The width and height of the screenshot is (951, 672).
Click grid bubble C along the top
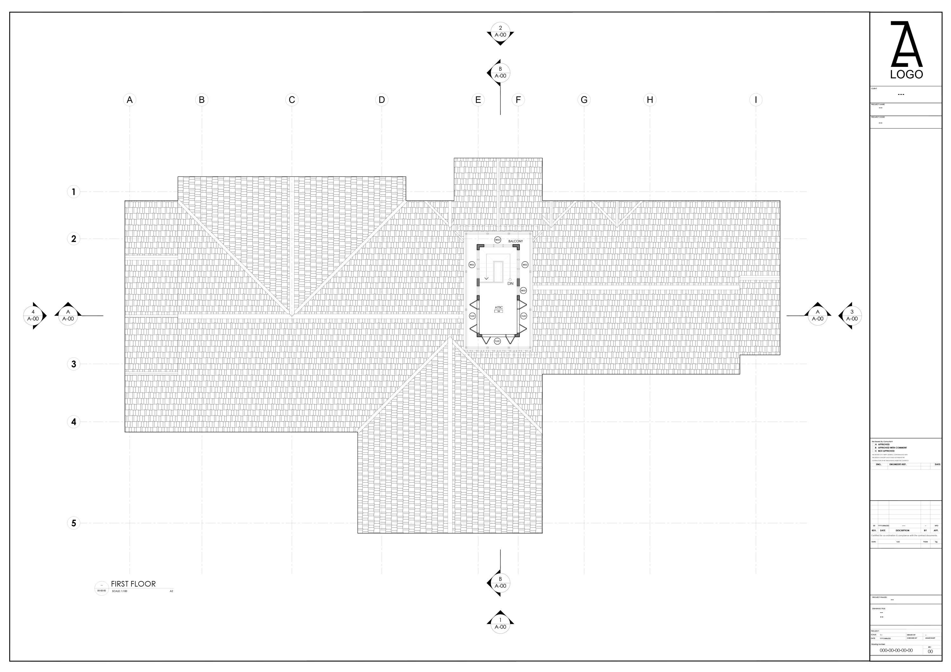[x=292, y=100]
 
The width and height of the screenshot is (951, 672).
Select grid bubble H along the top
[x=650, y=100]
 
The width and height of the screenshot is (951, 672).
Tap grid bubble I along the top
[x=755, y=100]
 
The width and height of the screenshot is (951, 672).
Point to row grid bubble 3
[x=74, y=364]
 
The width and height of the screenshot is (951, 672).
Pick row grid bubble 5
[x=74, y=523]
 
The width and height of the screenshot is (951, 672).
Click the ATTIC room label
[x=499, y=308]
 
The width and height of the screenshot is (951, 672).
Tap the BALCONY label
[x=515, y=241]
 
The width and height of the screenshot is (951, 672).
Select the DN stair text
[x=510, y=284]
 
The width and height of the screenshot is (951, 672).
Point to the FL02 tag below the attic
[x=497, y=341]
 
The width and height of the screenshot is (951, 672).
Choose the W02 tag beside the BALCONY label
[x=497, y=240]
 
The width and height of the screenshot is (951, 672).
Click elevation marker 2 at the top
[x=500, y=31]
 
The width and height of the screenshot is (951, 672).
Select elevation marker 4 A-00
[x=33, y=316]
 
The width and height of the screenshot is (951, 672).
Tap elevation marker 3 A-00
[x=851, y=316]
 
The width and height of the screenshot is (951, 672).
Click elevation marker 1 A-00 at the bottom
[x=500, y=623]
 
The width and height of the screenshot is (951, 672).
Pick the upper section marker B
[x=500, y=73]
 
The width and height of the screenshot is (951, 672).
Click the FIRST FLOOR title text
[x=133, y=584]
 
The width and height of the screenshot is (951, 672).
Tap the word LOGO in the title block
[x=907, y=74]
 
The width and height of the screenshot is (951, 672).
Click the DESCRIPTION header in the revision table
[x=902, y=530]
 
